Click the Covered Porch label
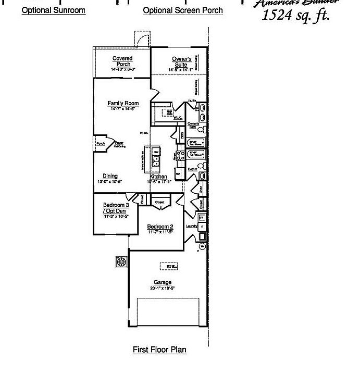pyautogui.click(x=122, y=61)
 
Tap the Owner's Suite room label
pyautogui.click(x=182, y=61)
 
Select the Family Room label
pyautogui.click(x=123, y=103)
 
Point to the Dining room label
pyautogui.click(x=110, y=176)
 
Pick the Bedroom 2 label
pyautogui.click(x=160, y=227)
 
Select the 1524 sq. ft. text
pyautogui.click(x=296, y=15)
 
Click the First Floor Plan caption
pyautogui.click(x=159, y=349)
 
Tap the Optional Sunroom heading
pyautogui.click(x=54, y=10)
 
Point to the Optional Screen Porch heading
pyautogui.click(x=183, y=10)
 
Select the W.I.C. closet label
pyautogui.click(x=177, y=118)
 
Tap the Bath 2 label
pyautogui.click(x=192, y=169)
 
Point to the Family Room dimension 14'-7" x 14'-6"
pyautogui.click(x=123, y=109)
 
